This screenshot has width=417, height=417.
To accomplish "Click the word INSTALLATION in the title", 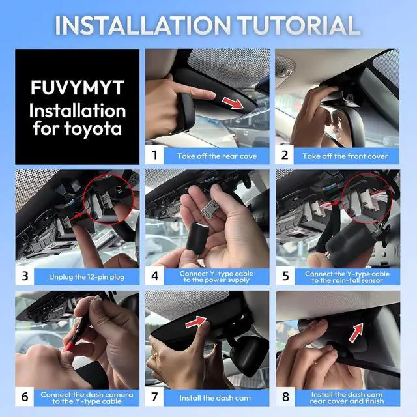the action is pos(143,25).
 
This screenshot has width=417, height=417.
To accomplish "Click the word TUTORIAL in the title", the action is pos(298,25).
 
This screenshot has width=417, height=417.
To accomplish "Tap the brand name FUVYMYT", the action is pos(78,88).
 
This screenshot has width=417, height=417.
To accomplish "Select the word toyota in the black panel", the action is pos(93,129).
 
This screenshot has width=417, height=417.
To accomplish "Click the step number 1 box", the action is pos(154,155).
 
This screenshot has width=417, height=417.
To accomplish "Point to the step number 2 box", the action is pos(285,155).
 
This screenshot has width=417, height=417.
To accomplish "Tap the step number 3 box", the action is pos(25,276).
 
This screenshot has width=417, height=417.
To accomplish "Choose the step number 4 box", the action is pos(154,276).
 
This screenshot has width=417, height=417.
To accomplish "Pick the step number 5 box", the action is pos(285,276).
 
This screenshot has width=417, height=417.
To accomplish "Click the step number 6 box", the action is pos(25,397).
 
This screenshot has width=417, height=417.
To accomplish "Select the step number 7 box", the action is pos(154,397).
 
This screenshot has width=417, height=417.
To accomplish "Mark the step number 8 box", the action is pos(285,397).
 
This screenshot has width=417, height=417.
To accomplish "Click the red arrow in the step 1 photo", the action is pos(233,103).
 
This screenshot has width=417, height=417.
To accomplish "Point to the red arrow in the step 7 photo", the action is pos(196,323).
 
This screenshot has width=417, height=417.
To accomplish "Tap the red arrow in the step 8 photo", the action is pos(356,332).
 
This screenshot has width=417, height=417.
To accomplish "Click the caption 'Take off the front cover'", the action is pos(345,156).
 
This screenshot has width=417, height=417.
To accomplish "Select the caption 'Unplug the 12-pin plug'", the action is pos(87,277).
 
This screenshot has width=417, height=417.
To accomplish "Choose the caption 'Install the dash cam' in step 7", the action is pos(215,398).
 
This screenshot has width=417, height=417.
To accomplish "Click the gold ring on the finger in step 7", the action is pos(155,355).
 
